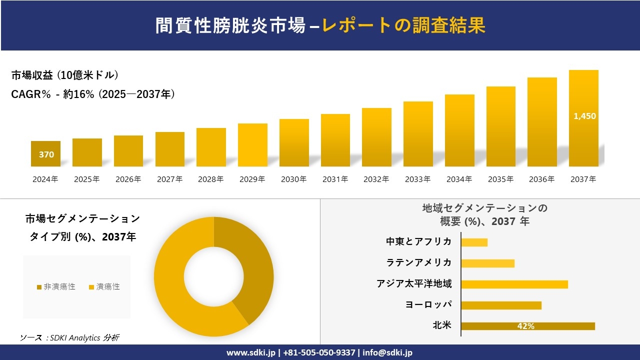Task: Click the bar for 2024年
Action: (x=45, y=153)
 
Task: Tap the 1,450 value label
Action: (x=584, y=116)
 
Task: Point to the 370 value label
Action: (x=46, y=154)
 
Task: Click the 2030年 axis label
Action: (x=293, y=179)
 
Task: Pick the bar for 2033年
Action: (x=418, y=134)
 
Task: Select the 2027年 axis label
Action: (x=169, y=179)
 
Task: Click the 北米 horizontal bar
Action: (x=527, y=326)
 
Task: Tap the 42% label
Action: (x=525, y=326)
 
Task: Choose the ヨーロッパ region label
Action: (x=428, y=304)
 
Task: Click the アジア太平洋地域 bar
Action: (x=514, y=284)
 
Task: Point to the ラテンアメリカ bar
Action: (x=487, y=263)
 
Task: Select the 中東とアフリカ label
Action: (x=418, y=241)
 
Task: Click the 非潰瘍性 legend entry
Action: (x=56, y=286)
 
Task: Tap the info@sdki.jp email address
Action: (x=387, y=352)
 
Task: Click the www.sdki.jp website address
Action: (x=250, y=352)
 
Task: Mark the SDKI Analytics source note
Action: (x=69, y=337)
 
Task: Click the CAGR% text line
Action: (x=93, y=94)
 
